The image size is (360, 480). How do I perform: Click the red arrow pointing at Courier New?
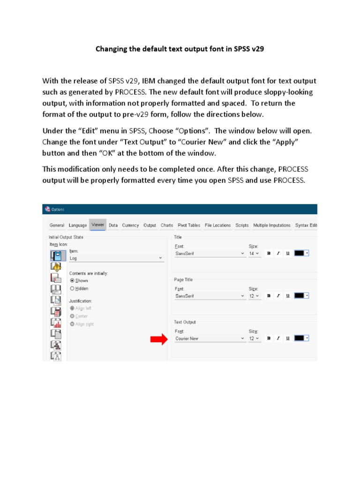pos(158,339)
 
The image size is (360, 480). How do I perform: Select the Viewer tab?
pos(98,225)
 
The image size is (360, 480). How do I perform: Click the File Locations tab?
pos(217,225)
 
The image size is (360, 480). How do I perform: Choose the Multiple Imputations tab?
pos(272,225)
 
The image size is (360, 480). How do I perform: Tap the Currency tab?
pos(130,225)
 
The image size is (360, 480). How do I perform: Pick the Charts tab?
pos(167,225)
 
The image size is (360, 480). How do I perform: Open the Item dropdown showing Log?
pos(116,258)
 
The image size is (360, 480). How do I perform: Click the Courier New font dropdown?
pos(210,338)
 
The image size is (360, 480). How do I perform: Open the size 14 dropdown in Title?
pos(254,254)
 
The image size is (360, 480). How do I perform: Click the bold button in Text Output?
pos(269,338)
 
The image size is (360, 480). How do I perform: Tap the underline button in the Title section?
pos(287,254)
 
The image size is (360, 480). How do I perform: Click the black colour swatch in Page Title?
pos(299,296)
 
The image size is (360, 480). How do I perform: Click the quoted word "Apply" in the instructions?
pos(285,142)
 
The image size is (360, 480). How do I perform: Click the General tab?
pos(57,225)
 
